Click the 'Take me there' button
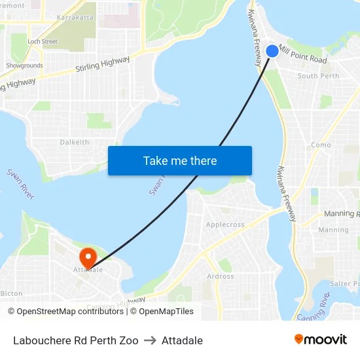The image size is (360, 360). click(x=180, y=160)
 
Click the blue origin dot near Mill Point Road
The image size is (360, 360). click(x=272, y=51)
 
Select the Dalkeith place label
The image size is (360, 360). click(x=74, y=142)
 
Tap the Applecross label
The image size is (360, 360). click(x=225, y=225)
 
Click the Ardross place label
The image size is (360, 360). click(x=220, y=276)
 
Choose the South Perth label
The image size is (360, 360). click(x=318, y=76)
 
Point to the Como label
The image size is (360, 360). click(x=321, y=145)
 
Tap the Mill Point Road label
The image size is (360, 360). click(x=302, y=54)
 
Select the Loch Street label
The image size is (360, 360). click(x=43, y=41)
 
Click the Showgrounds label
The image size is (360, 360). click(x=24, y=65)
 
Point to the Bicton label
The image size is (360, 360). click(x=12, y=294)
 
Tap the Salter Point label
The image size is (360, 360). click(x=344, y=283)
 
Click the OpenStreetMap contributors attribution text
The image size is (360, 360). click(x=65, y=312)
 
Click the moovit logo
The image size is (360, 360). click(x=321, y=339)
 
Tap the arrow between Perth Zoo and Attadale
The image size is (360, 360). click(x=150, y=340)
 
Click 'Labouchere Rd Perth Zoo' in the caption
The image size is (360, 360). click(x=75, y=340)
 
